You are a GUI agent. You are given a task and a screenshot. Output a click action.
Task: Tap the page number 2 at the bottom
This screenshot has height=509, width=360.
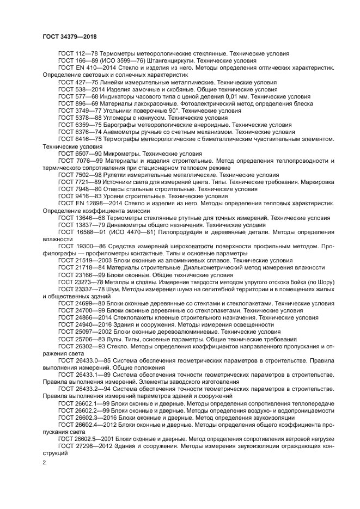[45, 463]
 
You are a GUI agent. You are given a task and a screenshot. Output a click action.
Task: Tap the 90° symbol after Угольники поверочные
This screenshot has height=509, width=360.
[176, 111]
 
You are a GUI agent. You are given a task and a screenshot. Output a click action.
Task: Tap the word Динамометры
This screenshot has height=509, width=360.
[127, 224]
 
